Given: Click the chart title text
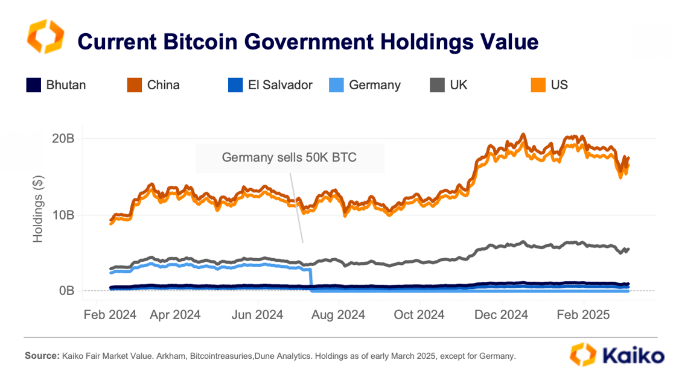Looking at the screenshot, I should pyautogui.click(x=308, y=42).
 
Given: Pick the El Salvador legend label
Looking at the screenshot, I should pyautogui.click(x=280, y=85).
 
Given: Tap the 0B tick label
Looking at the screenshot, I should pyautogui.click(x=66, y=291).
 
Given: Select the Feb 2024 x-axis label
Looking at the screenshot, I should pyautogui.click(x=109, y=314).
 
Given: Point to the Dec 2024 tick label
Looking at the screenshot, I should pyautogui.click(x=502, y=314).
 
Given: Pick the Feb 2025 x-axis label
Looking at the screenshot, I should pyautogui.click(x=584, y=314).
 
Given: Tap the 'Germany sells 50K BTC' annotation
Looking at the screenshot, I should pyautogui.click(x=289, y=158).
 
